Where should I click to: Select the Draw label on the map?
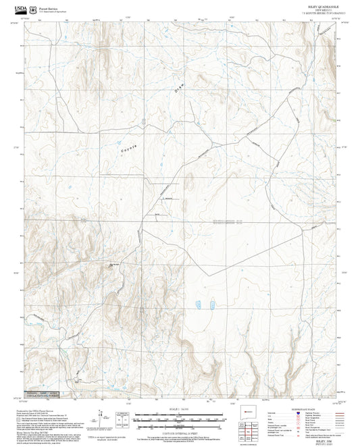(179, 86)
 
